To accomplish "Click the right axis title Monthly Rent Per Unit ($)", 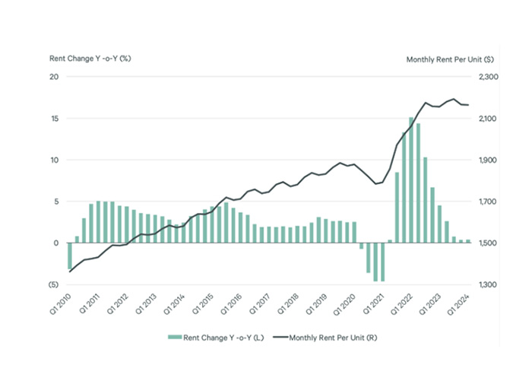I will [x=451, y=59].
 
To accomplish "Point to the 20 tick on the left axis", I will [x=54, y=77].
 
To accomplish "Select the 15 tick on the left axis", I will [x=54, y=119].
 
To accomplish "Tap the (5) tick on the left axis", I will [x=53, y=284].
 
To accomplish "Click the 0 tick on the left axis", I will [x=56, y=243].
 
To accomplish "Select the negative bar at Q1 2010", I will [x=70, y=256].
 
